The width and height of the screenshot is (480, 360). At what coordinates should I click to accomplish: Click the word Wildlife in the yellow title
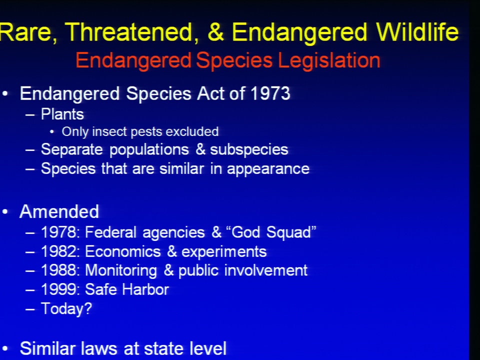(417, 32)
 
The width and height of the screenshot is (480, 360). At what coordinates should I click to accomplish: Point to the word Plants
(62, 114)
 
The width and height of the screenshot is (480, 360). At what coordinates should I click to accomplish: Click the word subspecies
(249, 150)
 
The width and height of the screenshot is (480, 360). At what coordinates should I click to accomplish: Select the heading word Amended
(59, 211)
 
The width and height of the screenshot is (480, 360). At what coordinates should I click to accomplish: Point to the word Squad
(289, 232)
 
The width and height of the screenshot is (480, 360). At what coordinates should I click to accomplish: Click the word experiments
(224, 252)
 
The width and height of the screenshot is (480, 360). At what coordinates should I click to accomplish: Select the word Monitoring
(121, 271)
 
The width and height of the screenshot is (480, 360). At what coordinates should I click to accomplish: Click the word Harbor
(145, 289)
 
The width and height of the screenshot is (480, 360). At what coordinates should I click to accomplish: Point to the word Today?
(66, 308)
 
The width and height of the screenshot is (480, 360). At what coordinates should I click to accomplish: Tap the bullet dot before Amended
(5, 212)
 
